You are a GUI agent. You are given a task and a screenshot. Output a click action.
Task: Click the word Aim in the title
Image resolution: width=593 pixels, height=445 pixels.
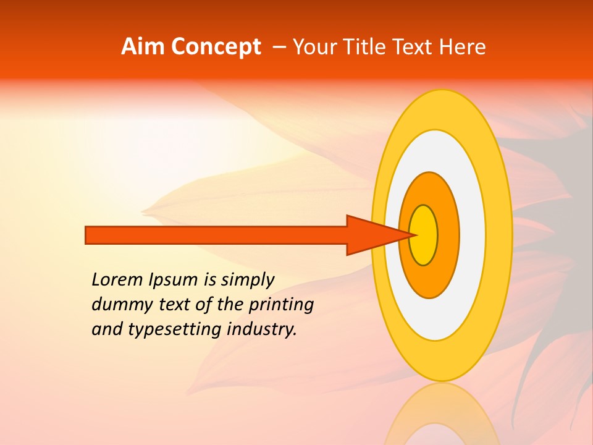point(143,47)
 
